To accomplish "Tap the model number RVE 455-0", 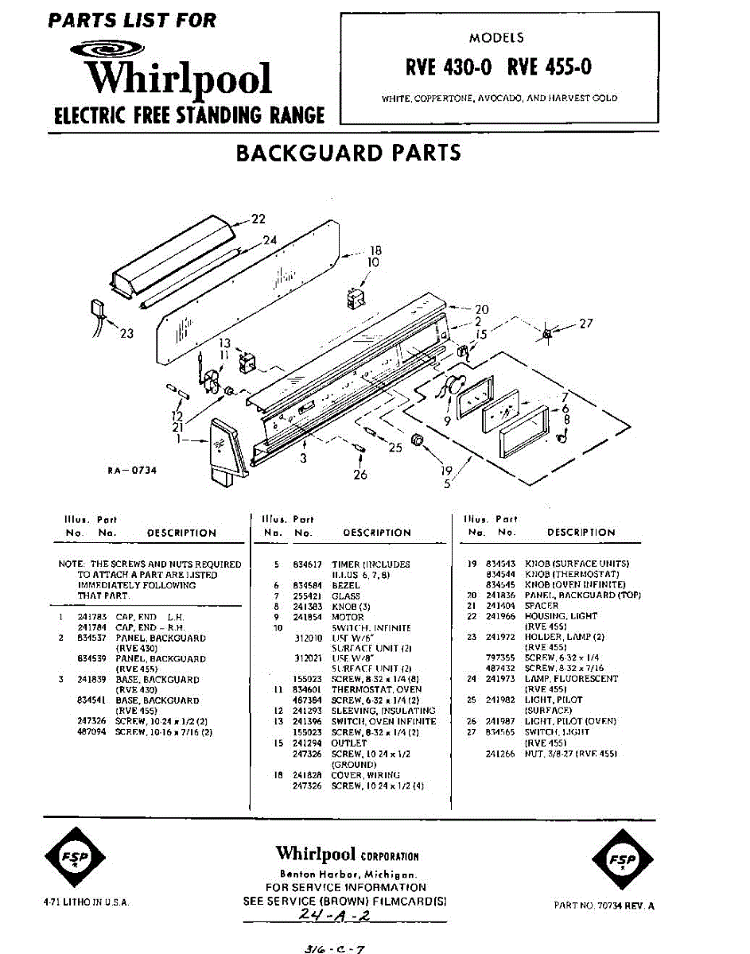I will pyautogui.click(x=549, y=67).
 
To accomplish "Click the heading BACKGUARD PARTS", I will pyautogui.click(x=349, y=153).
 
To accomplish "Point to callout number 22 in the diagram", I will pyautogui.click(x=258, y=219).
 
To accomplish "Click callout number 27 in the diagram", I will pyautogui.click(x=585, y=324).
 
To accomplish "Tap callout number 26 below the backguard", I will pyautogui.click(x=361, y=475).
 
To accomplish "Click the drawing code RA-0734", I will pyautogui.click(x=132, y=470).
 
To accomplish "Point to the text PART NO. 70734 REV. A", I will pyautogui.click(x=604, y=906).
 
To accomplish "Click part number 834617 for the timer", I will pyautogui.click(x=307, y=564).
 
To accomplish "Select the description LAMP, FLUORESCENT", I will pyautogui.click(x=571, y=679).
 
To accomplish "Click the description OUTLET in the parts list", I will pyautogui.click(x=349, y=743).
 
